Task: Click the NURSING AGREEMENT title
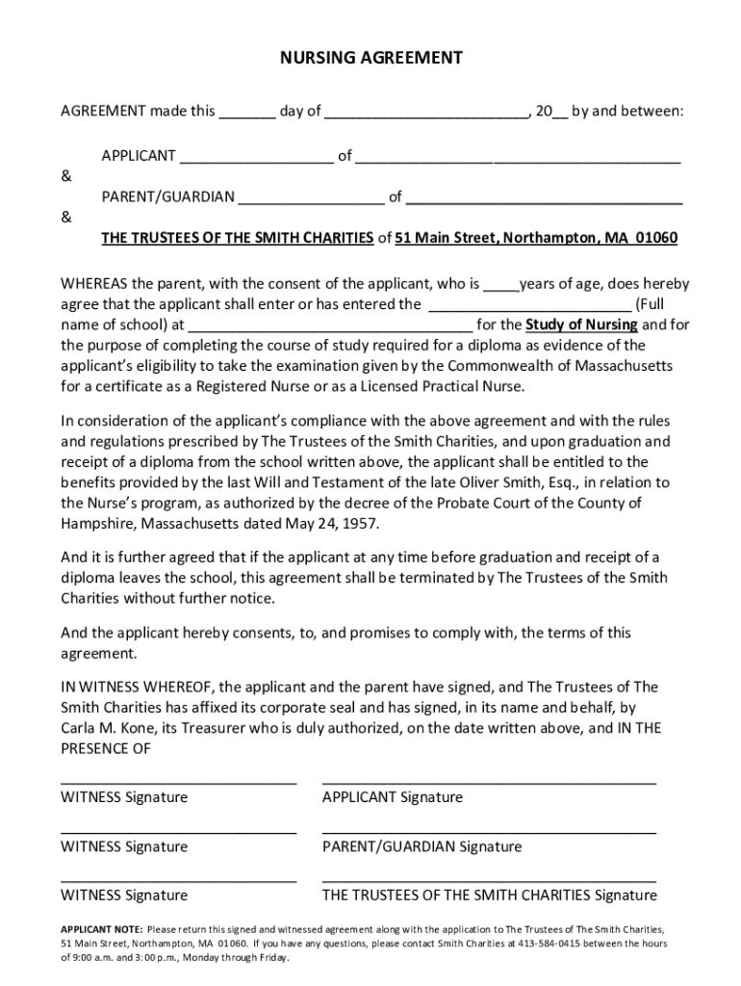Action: pos(370,59)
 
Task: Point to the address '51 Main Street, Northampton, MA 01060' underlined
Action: pos(536,239)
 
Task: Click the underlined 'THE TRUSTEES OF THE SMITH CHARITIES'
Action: pos(238,239)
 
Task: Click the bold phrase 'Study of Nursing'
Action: pos(580,324)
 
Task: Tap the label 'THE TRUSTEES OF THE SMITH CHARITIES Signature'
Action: pos(489,895)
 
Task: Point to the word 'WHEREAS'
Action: pos(94,284)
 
